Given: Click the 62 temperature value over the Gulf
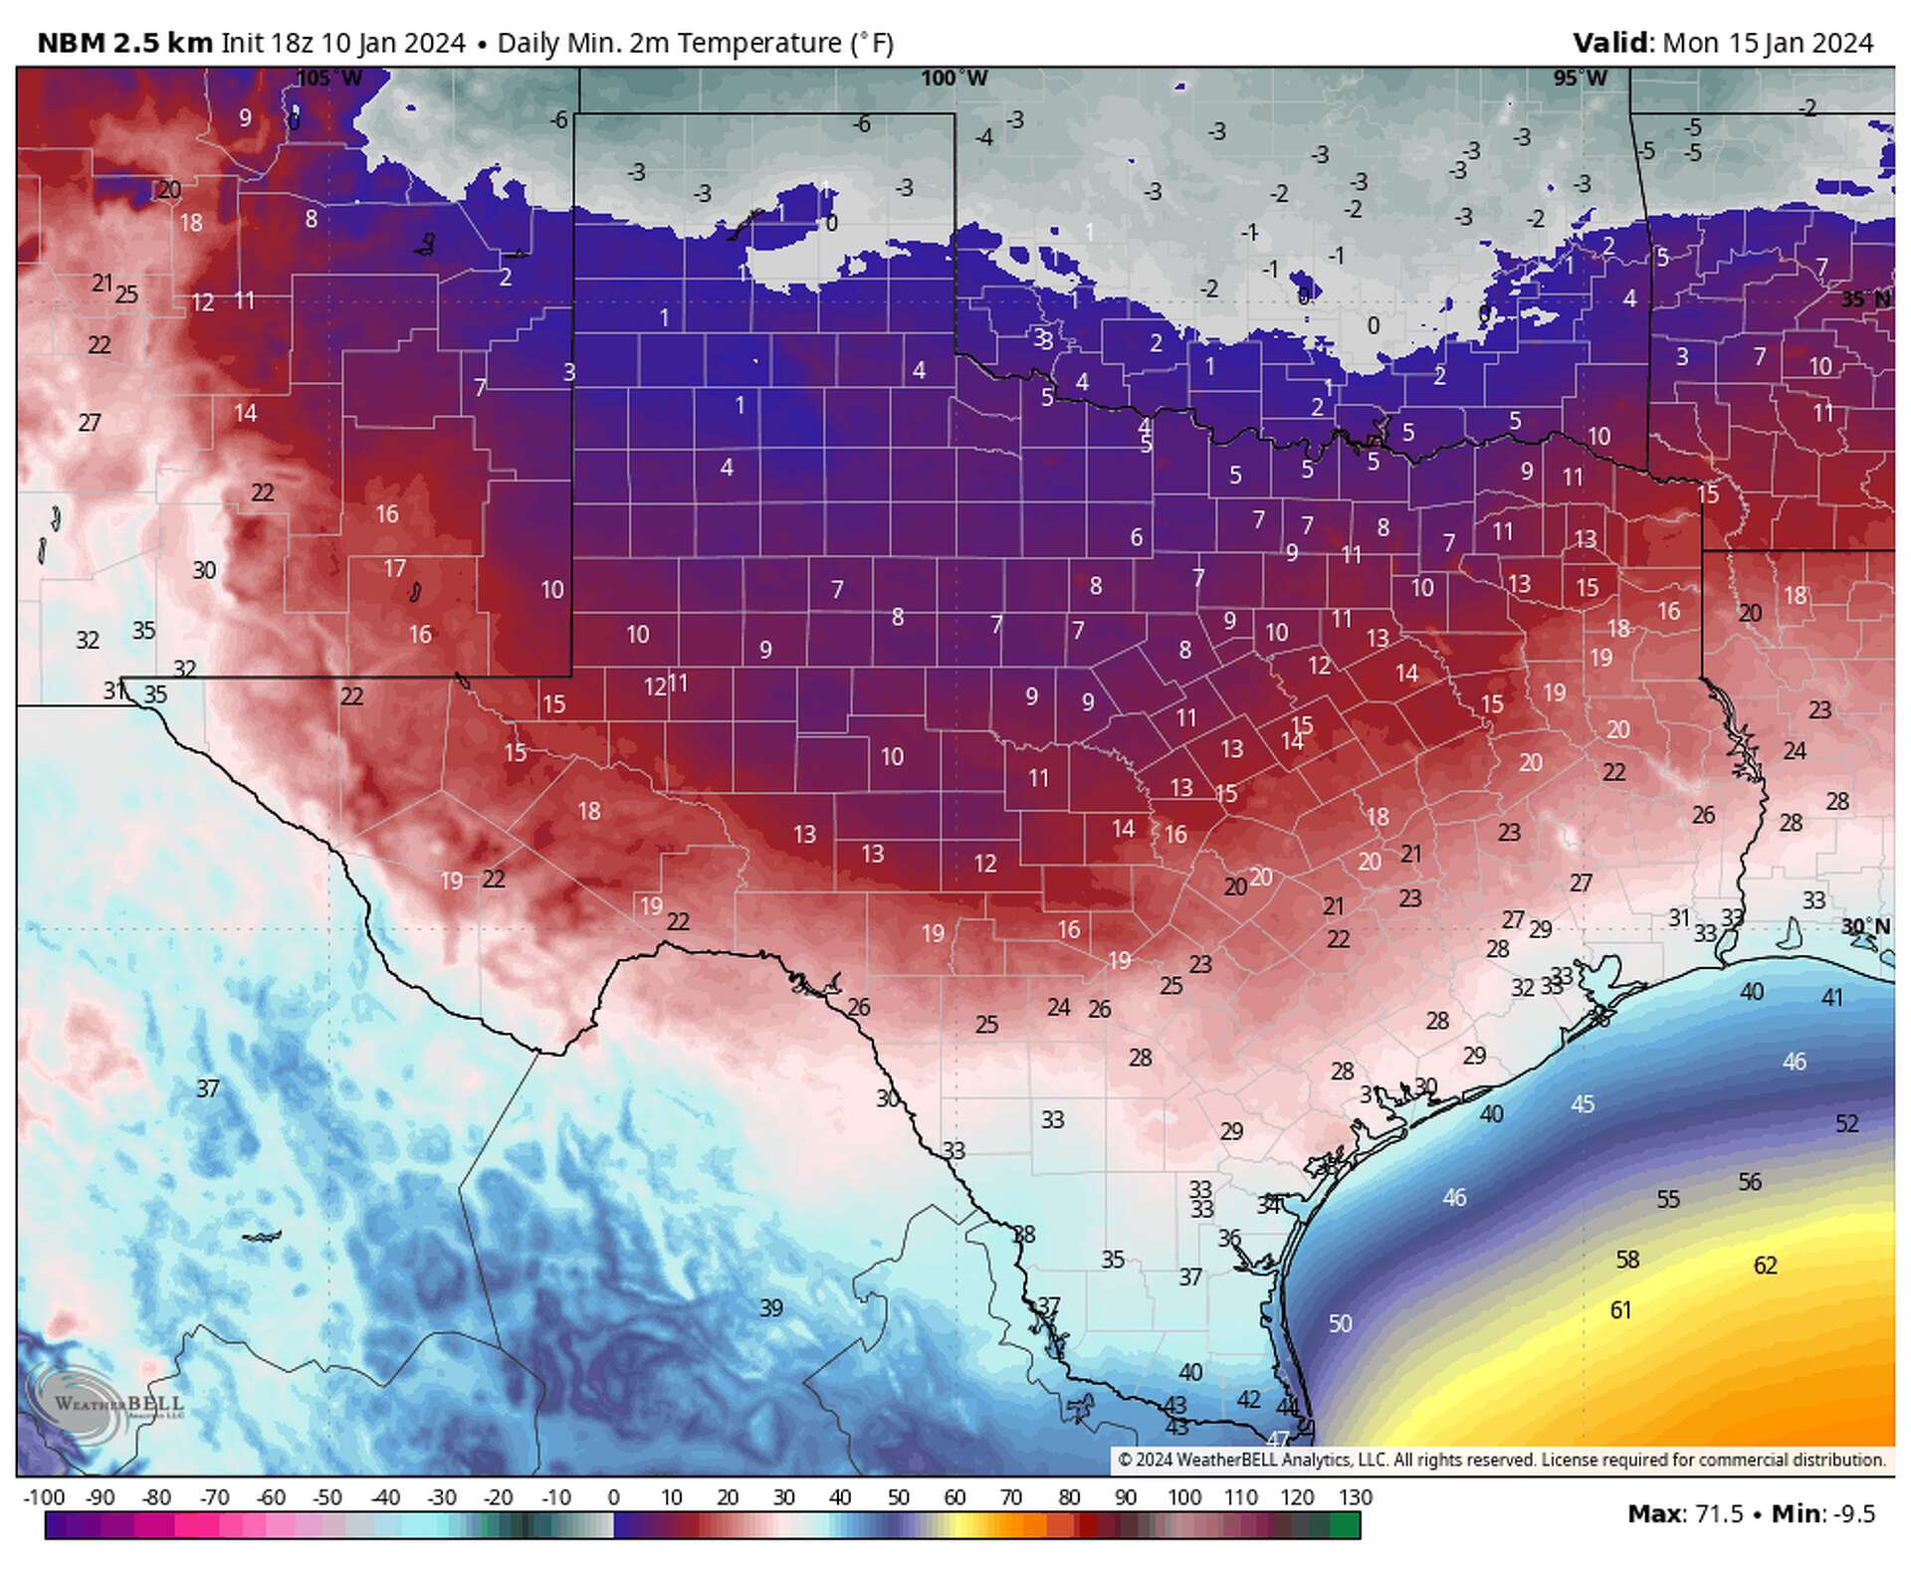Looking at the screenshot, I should coord(1765,1266).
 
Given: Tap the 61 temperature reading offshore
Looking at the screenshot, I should coord(1620,1310).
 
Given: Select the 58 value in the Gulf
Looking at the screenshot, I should coord(1627,1260).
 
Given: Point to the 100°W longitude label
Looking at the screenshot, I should coord(954,79).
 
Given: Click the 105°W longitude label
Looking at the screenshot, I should coord(329,79).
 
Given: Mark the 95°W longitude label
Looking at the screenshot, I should coord(1580,79).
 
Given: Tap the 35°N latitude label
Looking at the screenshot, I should coord(1865,299).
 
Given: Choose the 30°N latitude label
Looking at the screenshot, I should coord(1865,926).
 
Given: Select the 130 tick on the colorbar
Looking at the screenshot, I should coord(1356,1497).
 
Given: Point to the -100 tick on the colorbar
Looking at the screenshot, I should coord(44,1497).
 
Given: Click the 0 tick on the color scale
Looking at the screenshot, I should coord(613,1497).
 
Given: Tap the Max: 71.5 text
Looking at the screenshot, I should coord(1685,1514).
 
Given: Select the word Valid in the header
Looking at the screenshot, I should coord(1610,43).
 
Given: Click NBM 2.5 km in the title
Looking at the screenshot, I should coord(124,43).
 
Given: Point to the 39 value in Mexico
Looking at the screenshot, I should coord(771,1308).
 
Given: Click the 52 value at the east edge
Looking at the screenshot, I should coord(1846,1123).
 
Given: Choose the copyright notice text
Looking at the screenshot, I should coord(1501,1460).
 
